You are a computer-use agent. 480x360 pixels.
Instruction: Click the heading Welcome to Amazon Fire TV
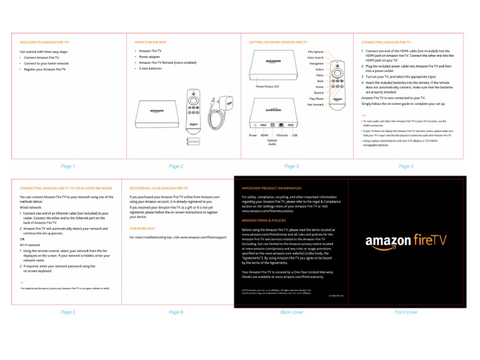45,41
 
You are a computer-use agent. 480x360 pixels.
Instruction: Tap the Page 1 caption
67,166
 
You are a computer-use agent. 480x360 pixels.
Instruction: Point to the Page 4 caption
406,166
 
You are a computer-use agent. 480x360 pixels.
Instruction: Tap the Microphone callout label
316,52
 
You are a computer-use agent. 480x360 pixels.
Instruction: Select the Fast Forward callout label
315,104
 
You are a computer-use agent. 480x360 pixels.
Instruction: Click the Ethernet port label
282,134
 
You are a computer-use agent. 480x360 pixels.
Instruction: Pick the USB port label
294,134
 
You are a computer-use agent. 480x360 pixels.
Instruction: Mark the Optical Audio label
272,142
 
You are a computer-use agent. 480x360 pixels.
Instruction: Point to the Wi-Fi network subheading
30,245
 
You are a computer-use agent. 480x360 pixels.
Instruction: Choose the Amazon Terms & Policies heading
264,221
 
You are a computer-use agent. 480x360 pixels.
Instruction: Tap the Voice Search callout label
315,57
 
